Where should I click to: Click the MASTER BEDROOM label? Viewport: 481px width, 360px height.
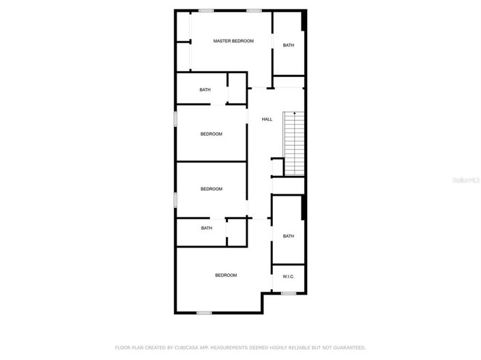233,41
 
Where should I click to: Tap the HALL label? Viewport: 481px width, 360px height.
267,119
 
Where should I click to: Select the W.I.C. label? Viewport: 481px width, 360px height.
289,276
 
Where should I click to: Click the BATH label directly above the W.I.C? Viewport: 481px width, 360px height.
289,236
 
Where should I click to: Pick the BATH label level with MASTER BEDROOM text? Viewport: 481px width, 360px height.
289,45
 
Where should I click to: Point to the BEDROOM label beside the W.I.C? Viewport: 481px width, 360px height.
226,275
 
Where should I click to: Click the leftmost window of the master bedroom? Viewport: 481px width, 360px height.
206,11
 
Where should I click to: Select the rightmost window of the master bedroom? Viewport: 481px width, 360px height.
254,11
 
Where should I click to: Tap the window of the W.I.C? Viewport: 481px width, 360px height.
289,293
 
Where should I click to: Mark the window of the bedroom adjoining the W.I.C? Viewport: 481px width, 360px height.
204,313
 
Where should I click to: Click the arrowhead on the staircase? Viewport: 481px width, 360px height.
295,113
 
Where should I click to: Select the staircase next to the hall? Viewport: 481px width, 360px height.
294,143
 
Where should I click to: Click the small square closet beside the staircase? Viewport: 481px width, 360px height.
278,167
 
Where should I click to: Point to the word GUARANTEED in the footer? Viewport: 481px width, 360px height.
349,348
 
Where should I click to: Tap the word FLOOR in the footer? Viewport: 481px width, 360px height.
122,348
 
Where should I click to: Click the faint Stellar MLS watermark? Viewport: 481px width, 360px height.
466,180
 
